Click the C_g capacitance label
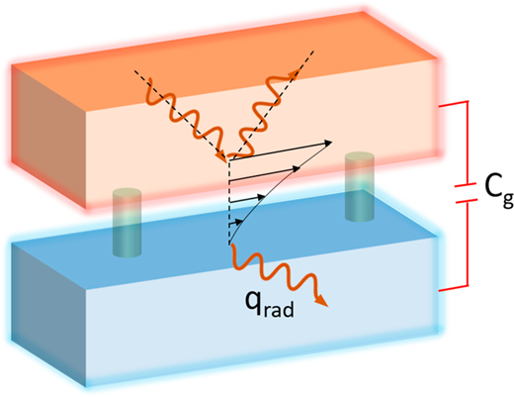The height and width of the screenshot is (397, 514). [x=498, y=190]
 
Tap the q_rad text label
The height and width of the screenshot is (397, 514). [x=269, y=305]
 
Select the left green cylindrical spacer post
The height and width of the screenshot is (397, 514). [x=127, y=223]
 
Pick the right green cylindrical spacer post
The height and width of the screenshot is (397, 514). [x=360, y=186]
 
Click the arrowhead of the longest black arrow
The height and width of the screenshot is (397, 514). [x=328, y=143]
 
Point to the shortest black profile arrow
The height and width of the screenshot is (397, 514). [x=236, y=223]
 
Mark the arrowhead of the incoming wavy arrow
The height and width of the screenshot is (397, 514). [x=220, y=156]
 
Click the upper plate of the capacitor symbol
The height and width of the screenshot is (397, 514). [x=466, y=185]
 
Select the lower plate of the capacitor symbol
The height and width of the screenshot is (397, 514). [x=467, y=200]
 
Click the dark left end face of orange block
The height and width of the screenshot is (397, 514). [x=48, y=137]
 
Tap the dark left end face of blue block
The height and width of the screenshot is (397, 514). [x=48, y=315]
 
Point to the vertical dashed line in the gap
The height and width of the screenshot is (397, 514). [x=229, y=202]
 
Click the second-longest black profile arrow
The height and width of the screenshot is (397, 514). [x=264, y=174]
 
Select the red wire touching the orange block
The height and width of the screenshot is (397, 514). [x=453, y=104]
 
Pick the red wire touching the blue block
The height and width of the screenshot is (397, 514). [x=453, y=288]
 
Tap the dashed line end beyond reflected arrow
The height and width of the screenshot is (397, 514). [x=313, y=51]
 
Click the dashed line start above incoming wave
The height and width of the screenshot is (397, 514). [x=135, y=70]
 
